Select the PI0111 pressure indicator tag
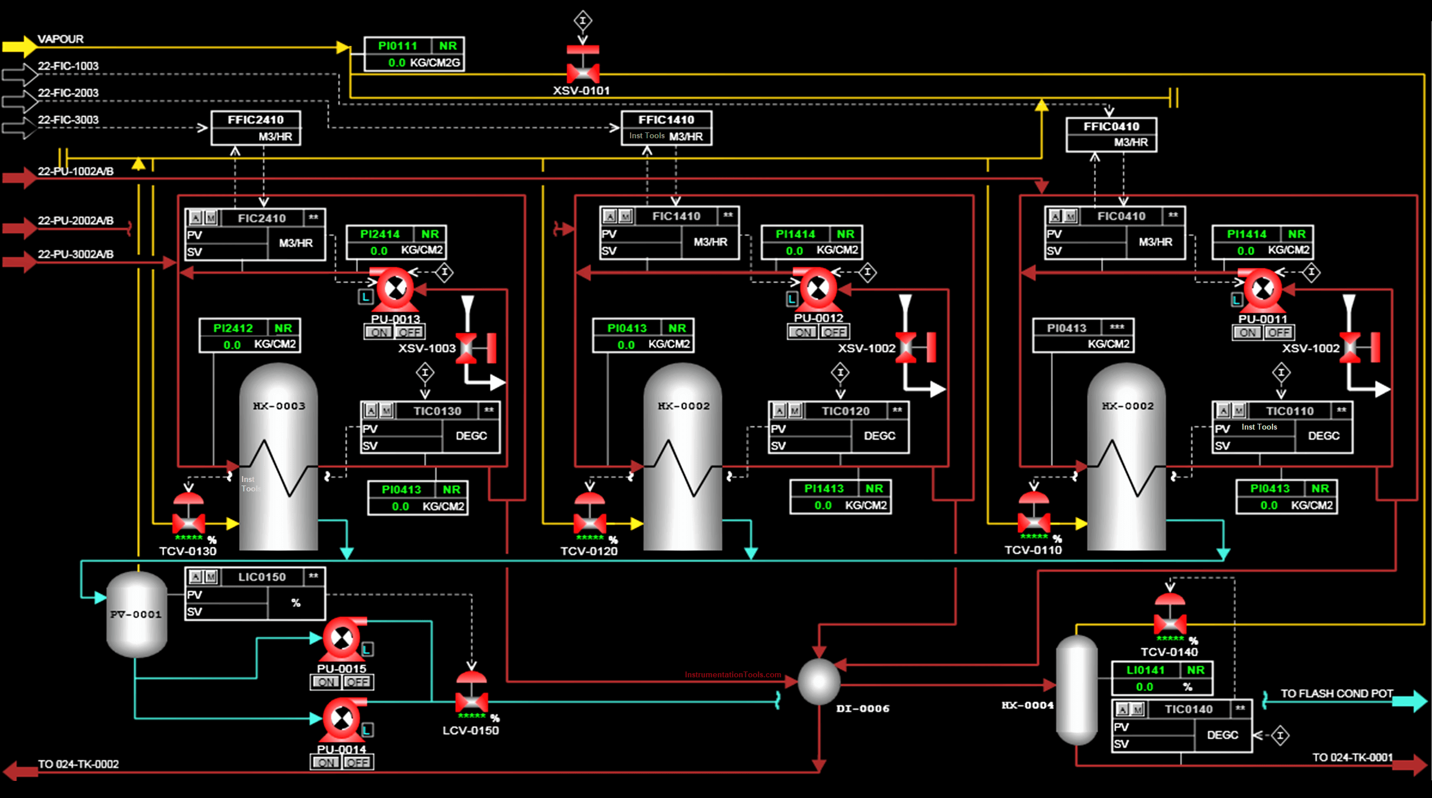(x=397, y=46)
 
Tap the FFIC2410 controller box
(x=256, y=128)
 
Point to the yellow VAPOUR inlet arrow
(x=19, y=46)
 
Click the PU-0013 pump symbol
(x=395, y=289)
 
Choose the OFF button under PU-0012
(x=834, y=332)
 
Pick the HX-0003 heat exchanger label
(x=279, y=406)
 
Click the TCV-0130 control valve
(x=188, y=521)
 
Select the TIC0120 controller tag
(x=846, y=411)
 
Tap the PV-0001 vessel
(x=137, y=614)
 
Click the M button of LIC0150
(x=211, y=577)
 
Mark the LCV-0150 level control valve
(x=472, y=700)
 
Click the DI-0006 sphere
(x=819, y=681)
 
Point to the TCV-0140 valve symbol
(x=1170, y=622)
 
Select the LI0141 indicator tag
(x=1145, y=670)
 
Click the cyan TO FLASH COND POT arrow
(x=1411, y=700)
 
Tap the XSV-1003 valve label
(x=427, y=348)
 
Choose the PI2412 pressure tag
(x=233, y=328)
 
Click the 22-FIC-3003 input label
(x=68, y=120)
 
